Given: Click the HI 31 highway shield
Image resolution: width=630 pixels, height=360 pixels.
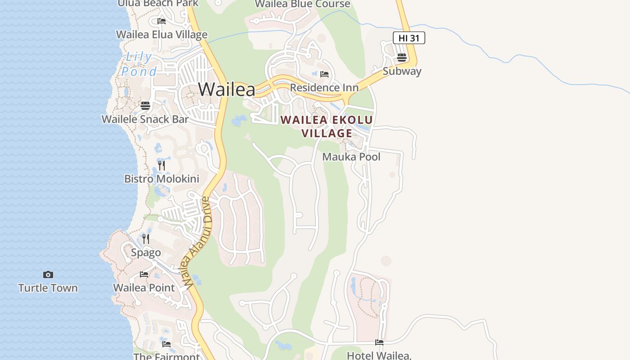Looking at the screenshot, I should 409,38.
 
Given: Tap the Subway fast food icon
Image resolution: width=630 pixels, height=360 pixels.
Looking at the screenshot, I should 402,58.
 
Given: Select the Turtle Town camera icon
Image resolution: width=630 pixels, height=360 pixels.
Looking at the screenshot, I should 48,274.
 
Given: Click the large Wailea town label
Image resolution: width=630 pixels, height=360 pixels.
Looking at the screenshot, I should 226,89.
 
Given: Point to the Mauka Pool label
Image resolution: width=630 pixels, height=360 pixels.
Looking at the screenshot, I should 351,157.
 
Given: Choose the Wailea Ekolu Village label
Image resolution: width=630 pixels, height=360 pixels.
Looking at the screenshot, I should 327,126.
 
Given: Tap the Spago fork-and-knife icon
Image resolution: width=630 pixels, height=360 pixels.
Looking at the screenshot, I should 145,239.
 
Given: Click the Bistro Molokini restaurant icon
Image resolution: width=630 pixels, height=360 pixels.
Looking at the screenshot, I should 162,166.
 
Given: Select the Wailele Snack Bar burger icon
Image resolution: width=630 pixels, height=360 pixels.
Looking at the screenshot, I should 145,106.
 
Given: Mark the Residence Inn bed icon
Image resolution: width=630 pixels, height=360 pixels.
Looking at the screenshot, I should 324,74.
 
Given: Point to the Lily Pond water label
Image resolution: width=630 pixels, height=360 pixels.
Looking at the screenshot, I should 139,64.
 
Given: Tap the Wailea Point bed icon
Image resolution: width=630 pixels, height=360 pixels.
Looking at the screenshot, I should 144,274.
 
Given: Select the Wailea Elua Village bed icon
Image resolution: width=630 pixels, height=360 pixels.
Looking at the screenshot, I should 162,21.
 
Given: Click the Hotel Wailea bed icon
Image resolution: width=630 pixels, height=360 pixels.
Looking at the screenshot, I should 379,342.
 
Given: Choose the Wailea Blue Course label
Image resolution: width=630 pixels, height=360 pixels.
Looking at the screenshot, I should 302,4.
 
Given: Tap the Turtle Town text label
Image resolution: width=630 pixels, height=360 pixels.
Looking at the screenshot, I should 48,288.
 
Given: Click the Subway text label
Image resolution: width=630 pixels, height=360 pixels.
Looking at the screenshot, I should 402,71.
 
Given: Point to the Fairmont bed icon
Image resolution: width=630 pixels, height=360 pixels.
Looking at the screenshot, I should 166,344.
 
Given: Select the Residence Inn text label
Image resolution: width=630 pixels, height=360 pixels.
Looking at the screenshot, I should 324,88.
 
